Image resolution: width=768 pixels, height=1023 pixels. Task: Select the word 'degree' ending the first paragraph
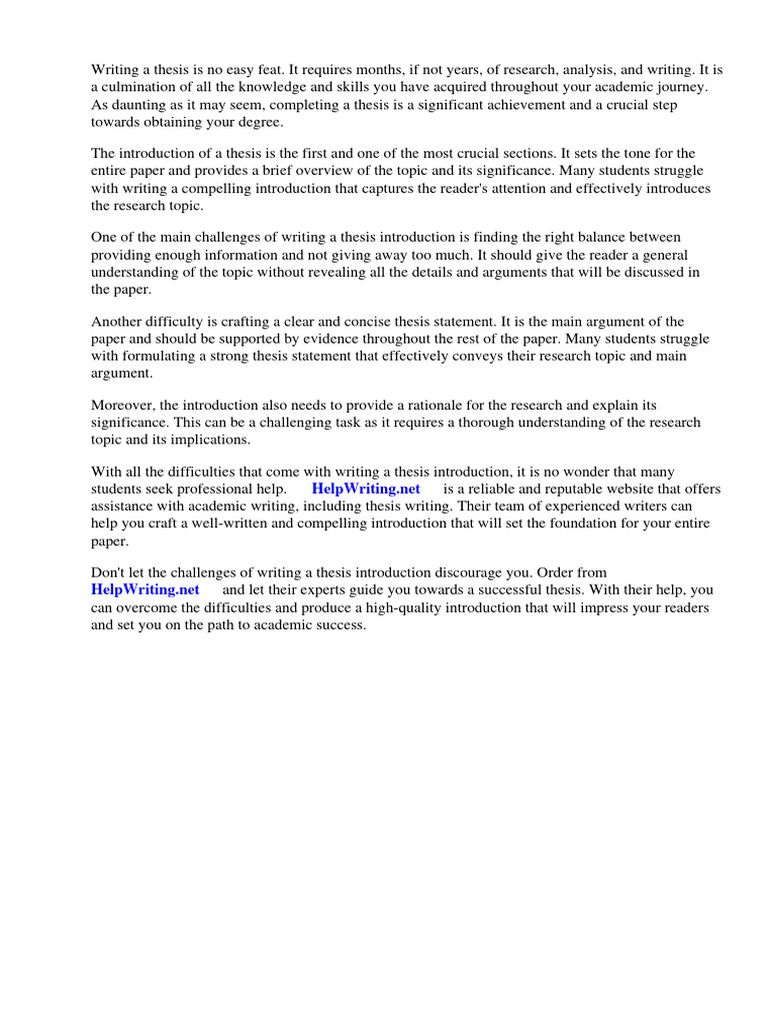tap(261, 122)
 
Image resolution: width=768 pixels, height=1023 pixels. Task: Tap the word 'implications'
tap(210, 440)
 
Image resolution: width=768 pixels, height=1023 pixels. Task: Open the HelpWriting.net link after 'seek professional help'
tap(365, 489)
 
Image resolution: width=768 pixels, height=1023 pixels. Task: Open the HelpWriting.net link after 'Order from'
tap(145, 590)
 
